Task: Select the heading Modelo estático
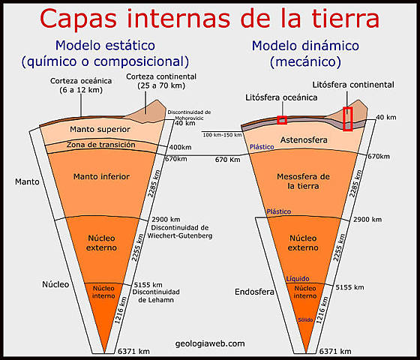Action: pyautogui.click(x=105, y=45)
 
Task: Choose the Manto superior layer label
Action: pyautogui.click(x=99, y=130)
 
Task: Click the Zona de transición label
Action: pyautogui.click(x=100, y=145)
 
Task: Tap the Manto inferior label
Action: pyautogui.click(x=102, y=177)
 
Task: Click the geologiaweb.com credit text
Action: pyautogui.click(x=208, y=343)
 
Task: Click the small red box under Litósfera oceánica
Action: pyautogui.click(x=282, y=121)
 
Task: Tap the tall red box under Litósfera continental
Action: pyautogui.click(x=347, y=118)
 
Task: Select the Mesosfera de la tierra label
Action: pyautogui.click(x=304, y=181)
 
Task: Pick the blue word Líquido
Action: pyautogui.click(x=296, y=279)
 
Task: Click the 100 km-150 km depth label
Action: pyautogui.click(x=223, y=135)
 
